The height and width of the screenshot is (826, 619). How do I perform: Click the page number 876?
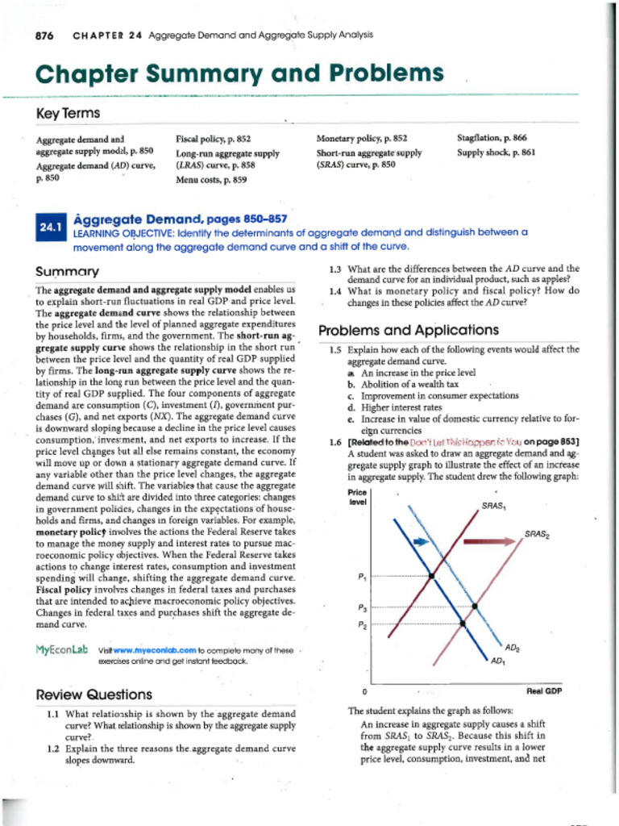pos(46,35)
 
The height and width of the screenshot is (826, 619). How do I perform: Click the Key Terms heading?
pos(66,115)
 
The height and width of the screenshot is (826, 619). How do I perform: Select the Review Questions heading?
pos(94,695)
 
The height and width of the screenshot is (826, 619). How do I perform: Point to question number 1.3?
pos(336,269)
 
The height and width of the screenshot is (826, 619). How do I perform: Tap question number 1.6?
pos(336,441)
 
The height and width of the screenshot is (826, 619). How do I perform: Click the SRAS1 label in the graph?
pos(493,506)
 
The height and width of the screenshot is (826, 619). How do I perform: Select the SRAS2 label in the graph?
pos(537,534)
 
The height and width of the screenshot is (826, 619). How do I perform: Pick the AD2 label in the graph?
pos(513,648)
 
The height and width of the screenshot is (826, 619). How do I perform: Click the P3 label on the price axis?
pos(362,607)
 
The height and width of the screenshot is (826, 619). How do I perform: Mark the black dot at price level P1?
pos(431,576)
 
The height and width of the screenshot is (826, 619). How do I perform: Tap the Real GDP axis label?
pos(544,691)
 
